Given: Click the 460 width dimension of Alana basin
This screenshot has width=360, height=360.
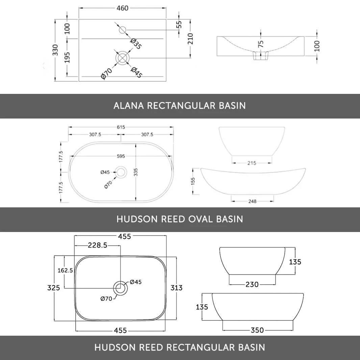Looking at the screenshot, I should coord(122,8).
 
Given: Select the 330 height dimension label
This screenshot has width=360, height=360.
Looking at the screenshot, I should coord(55,50).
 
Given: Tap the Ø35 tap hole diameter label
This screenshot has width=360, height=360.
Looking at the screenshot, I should coord(136,44).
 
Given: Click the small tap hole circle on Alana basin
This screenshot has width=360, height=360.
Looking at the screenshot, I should coord(122,30).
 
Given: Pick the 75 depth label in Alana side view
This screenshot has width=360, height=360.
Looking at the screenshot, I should coord(261,45).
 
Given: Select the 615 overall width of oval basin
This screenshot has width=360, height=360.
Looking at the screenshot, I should coord(121,127).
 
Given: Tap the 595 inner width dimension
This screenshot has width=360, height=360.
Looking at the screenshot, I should coord(121,156).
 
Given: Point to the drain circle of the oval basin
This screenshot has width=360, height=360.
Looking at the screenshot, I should coord(121,172).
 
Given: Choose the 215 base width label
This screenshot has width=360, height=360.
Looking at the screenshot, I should coord(252,163).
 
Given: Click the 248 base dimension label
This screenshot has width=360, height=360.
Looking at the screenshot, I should coord(252,201).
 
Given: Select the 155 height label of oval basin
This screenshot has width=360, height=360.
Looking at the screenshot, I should coord(194,181).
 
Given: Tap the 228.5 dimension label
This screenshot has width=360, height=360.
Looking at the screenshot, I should coord(98,246).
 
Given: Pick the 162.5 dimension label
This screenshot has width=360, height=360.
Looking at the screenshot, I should coord(65,270).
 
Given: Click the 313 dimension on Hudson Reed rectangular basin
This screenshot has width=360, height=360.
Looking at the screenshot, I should coord(176,288).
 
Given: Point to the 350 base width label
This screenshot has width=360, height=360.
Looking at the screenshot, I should coord(257,330).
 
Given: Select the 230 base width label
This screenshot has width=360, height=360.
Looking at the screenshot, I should coord(252,285).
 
